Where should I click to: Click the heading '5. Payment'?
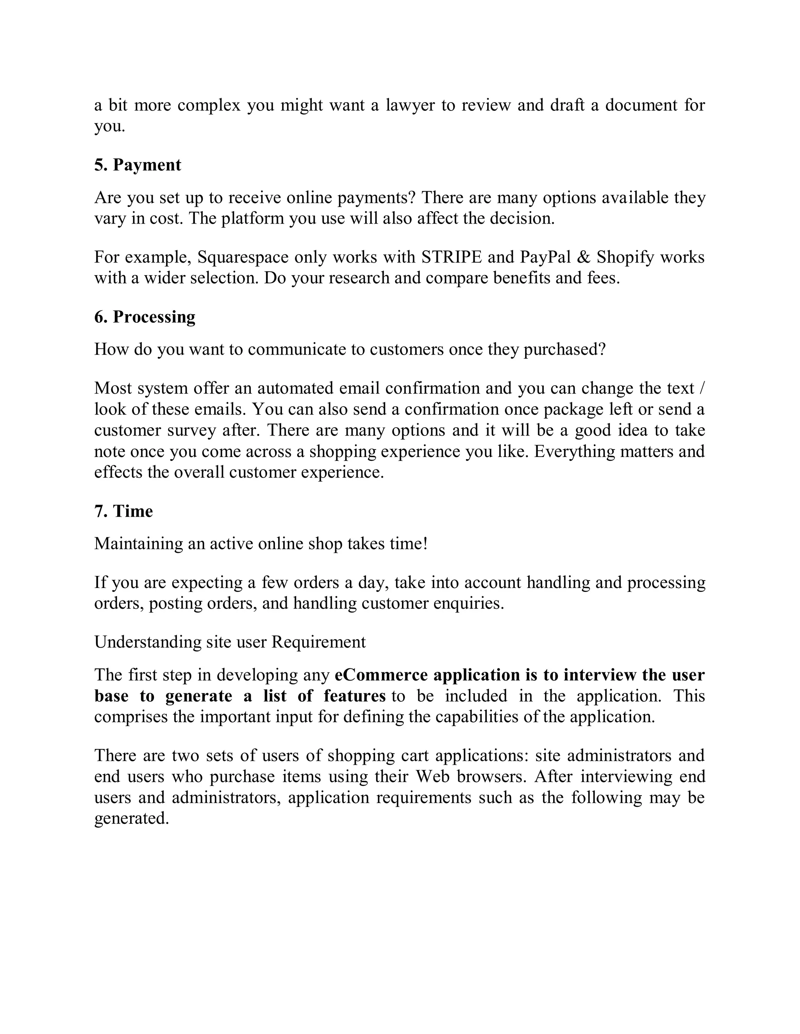[x=137, y=165]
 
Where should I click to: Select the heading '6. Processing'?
[x=145, y=317]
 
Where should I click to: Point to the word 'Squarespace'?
[x=243, y=257]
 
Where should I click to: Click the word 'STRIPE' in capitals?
[x=452, y=257]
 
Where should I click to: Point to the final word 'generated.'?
[x=132, y=818]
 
